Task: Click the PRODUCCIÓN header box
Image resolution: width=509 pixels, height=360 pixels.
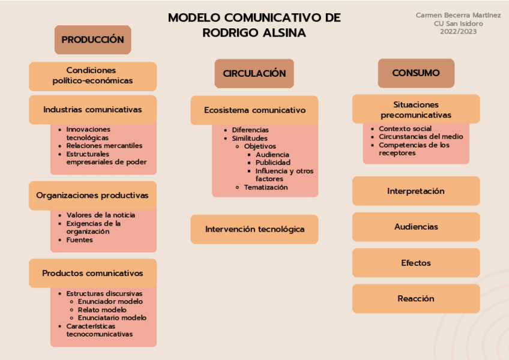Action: pyautogui.click(x=92, y=40)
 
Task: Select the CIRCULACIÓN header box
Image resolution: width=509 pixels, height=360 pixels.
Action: pyautogui.click(x=254, y=73)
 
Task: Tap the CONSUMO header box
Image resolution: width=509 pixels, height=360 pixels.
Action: pyautogui.click(x=415, y=73)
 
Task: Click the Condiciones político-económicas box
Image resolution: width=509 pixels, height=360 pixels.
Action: pyautogui.click(x=92, y=76)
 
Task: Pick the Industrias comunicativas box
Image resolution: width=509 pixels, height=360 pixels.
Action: pyautogui.click(x=92, y=110)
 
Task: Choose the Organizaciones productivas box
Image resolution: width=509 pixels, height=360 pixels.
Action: pyautogui.click(x=92, y=195)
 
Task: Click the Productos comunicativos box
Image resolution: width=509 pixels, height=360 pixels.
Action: pyautogui.click(x=92, y=273)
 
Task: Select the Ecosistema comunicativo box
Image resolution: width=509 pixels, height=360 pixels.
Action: pyautogui.click(x=254, y=110)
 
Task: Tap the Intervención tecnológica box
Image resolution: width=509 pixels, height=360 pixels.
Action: pyautogui.click(x=254, y=229)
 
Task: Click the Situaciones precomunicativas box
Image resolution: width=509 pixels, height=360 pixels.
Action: pyautogui.click(x=415, y=109)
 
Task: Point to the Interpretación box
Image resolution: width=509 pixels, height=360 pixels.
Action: pyautogui.click(x=415, y=191)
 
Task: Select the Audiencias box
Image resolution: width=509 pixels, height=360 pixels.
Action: pyautogui.click(x=415, y=227)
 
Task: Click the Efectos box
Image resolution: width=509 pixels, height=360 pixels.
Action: pyautogui.click(x=415, y=263)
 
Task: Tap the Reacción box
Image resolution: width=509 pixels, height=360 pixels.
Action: pyautogui.click(x=415, y=298)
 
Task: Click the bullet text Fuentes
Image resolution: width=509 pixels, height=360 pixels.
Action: pyautogui.click(x=79, y=240)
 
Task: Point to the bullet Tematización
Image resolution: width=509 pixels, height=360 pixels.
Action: pyautogui.click(x=265, y=187)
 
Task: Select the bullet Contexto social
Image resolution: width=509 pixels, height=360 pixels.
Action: pyautogui.click(x=405, y=128)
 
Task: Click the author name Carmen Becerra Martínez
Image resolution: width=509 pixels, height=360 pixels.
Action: pyautogui.click(x=458, y=15)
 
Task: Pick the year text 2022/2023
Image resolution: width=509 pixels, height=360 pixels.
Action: pyautogui.click(x=458, y=32)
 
